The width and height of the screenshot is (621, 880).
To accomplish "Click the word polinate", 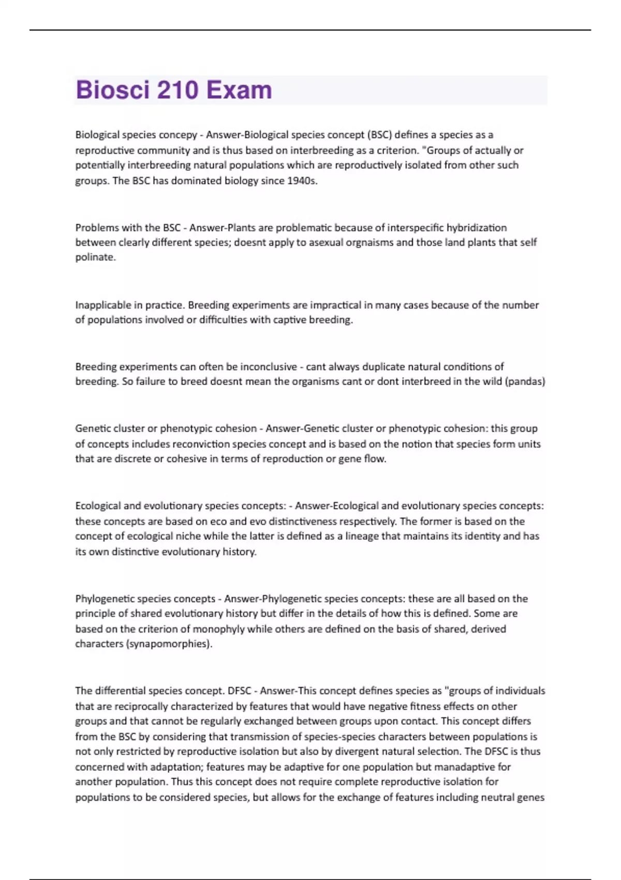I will click(x=95, y=257).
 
